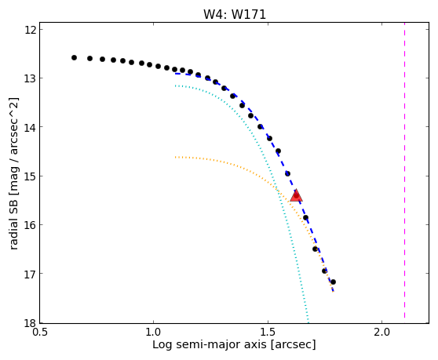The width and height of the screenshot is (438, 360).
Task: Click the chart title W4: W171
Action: click(235, 14)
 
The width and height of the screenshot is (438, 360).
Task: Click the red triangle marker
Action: click(296, 195)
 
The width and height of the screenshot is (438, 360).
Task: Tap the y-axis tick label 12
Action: click(31, 29)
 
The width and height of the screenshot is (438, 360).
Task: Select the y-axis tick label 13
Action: click(31, 78)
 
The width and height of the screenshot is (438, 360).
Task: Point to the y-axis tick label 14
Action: click(31, 127)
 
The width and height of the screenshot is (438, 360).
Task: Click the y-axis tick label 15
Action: click(31, 176)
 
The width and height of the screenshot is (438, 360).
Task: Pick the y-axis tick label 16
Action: click(31, 224)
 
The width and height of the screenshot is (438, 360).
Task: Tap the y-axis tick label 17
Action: click(31, 274)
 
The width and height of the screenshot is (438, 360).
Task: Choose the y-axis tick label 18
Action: click(31, 322)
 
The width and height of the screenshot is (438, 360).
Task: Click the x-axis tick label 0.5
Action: click(40, 332)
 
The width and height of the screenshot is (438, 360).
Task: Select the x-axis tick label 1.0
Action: click(153, 332)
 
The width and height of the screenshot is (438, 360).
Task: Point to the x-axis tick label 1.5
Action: click(268, 332)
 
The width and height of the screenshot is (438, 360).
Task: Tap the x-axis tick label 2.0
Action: click(381, 332)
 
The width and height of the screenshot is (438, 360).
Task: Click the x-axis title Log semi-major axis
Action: click(210, 345)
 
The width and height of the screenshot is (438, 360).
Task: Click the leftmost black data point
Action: click(74, 58)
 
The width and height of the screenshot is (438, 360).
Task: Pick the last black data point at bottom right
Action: click(333, 282)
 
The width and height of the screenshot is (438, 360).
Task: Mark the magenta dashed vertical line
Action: click(404, 173)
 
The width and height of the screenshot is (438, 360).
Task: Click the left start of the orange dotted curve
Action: click(175, 158)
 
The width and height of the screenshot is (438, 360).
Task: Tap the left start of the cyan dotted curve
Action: click(175, 86)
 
